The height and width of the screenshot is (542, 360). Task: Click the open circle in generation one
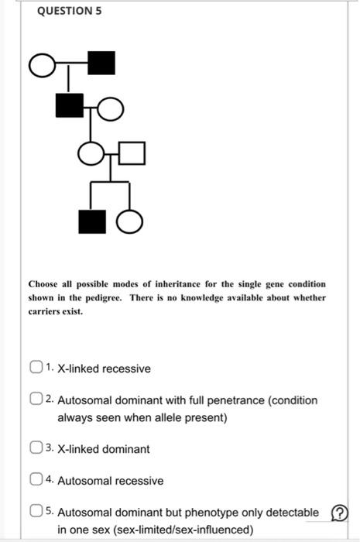(44, 67)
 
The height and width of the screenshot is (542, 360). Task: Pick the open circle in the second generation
(111, 110)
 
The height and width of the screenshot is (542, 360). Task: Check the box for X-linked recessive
(36, 369)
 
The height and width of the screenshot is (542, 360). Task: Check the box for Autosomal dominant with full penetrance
(36, 401)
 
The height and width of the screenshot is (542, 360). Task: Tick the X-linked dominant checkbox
(36, 448)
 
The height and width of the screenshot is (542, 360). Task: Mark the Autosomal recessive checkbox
(36, 481)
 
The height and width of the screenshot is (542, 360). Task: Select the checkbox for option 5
(36, 513)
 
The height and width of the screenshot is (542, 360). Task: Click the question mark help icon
(339, 513)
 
